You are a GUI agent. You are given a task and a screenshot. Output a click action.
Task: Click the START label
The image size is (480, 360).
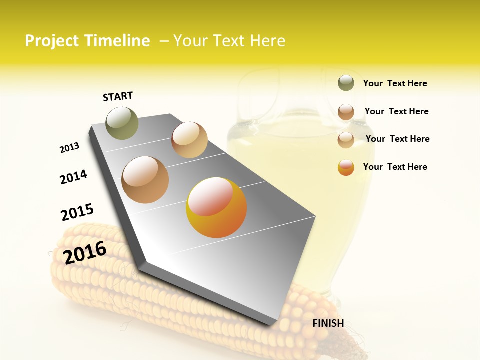point(118,96)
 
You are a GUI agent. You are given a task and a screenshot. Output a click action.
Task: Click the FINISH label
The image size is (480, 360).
point(328,323)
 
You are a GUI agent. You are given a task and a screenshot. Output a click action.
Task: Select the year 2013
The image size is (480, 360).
point(69,148)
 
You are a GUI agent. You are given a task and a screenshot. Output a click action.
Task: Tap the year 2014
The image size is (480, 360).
point(73,177)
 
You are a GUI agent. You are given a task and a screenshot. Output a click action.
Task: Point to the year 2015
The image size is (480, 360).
point(77,212)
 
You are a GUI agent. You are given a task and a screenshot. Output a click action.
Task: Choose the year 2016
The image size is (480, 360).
point(85,252)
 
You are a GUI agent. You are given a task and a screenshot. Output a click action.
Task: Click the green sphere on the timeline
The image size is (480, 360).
point(122,123)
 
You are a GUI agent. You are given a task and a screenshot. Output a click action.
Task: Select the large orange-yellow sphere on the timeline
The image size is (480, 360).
point(216,207)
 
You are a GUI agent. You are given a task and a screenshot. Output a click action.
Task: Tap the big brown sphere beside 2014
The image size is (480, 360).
point(145,179)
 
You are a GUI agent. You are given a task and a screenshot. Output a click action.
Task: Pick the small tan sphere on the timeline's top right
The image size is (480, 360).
point(189,140)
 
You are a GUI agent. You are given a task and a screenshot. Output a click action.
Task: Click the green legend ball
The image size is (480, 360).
point(346,83)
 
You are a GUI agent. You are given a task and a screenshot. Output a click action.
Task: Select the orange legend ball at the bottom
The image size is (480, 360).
point(346,167)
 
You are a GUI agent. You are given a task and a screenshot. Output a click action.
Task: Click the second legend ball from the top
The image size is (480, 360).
point(346,112)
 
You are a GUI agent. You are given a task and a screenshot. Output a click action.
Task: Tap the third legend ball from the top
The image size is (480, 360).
point(346,140)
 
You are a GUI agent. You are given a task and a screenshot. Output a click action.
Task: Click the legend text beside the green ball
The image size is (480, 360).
point(395,83)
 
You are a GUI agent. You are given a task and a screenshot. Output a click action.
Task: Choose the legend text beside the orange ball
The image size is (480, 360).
point(395,167)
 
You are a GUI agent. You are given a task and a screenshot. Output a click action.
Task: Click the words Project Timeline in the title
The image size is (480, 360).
point(87,41)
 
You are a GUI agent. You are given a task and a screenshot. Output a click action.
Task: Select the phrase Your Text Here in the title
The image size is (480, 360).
point(229,41)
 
